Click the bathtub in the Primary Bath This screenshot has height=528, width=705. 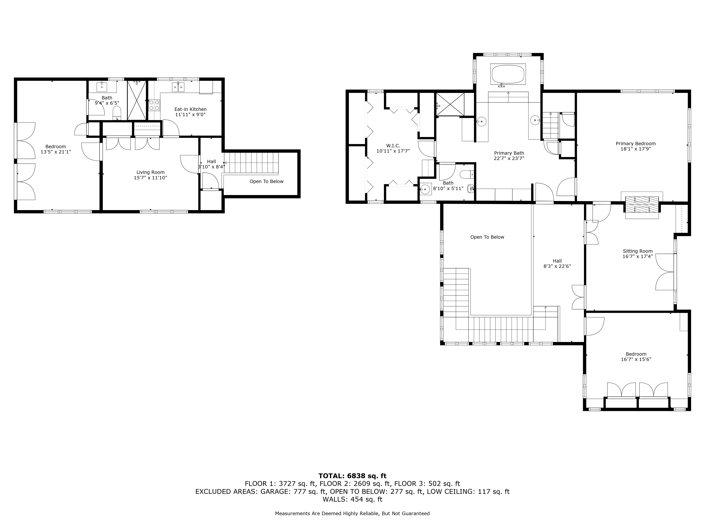pos(508,74)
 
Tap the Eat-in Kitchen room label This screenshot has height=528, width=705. pos(191,109)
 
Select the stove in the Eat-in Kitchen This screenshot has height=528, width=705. pos(154,105)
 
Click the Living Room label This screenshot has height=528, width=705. pos(151,172)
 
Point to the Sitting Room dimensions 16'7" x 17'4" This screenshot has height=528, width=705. pos(638,256)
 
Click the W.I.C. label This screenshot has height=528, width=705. pos(393,146)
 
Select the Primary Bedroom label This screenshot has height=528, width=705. pos(636,144)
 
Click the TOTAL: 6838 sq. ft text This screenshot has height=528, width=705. pos(352,476)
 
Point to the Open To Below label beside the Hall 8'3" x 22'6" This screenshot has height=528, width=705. pos(487,237)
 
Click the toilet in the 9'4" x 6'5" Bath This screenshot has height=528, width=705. pos(117,112)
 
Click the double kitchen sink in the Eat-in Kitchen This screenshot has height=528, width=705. pos(178,87)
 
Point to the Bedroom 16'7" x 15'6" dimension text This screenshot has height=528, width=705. pos(636,359)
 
